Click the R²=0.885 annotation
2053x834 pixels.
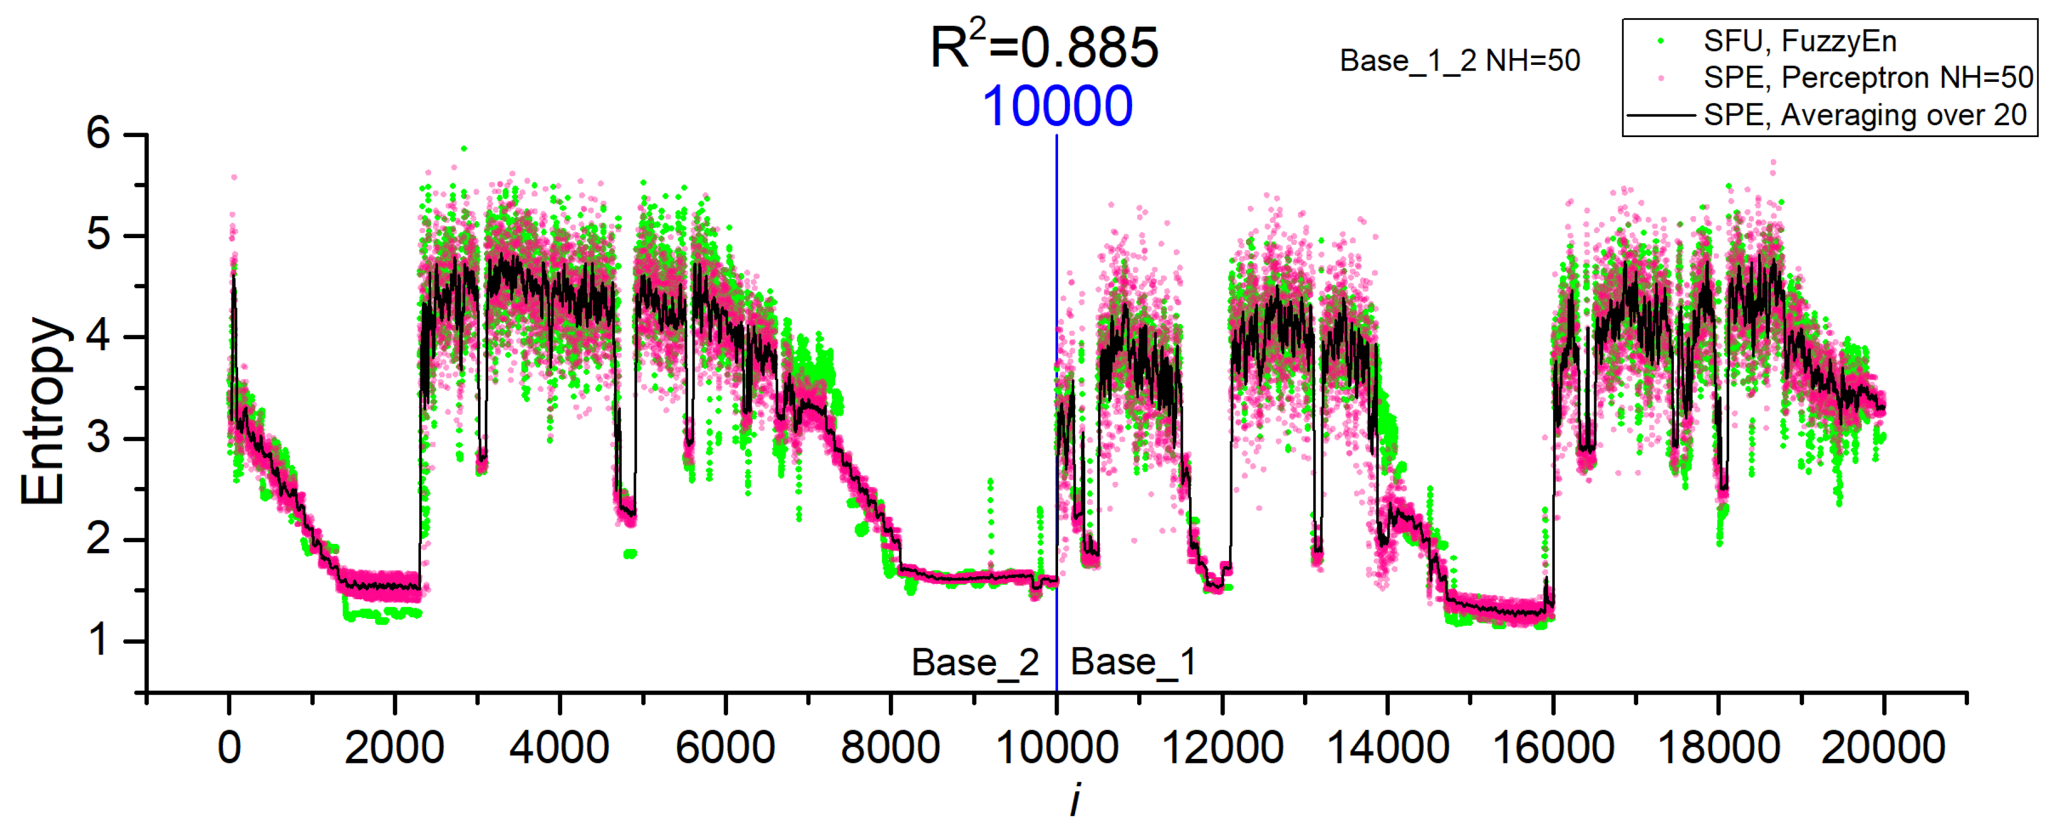pyautogui.click(x=1044, y=48)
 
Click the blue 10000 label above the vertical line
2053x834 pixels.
pyautogui.click(x=1057, y=106)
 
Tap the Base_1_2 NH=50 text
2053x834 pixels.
pyautogui.click(x=1459, y=60)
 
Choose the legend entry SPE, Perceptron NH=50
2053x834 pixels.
pyautogui.click(x=1867, y=77)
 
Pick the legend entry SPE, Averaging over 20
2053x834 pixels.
pyautogui.click(x=1865, y=115)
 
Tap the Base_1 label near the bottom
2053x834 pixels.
pyautogui.click(x=1133, y=662)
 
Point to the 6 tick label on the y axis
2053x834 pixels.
pyautogui.click(x=98, y=134)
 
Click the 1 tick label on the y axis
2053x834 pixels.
pyautogui.click(x=98, y=640)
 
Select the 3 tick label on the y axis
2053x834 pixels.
pyautogui.click(x=98, y=438)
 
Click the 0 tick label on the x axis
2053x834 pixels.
pyautogui.click(x=230, y=748)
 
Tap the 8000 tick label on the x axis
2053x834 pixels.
pyautogui.click(x=890, y=748)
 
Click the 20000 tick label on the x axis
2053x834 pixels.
pyautogui.click(x=1883, y=748)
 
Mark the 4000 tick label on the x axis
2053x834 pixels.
pyautogui.click(x=559, y=748)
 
